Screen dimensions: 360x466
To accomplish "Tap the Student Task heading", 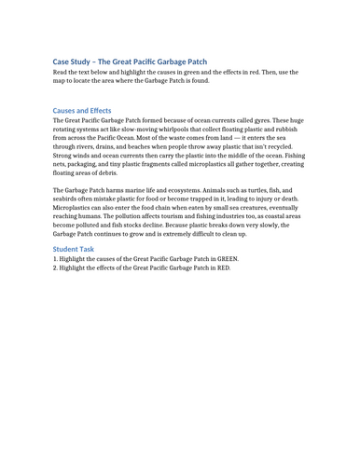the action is (74, 249).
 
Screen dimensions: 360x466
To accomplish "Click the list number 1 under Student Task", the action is (55, 259).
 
